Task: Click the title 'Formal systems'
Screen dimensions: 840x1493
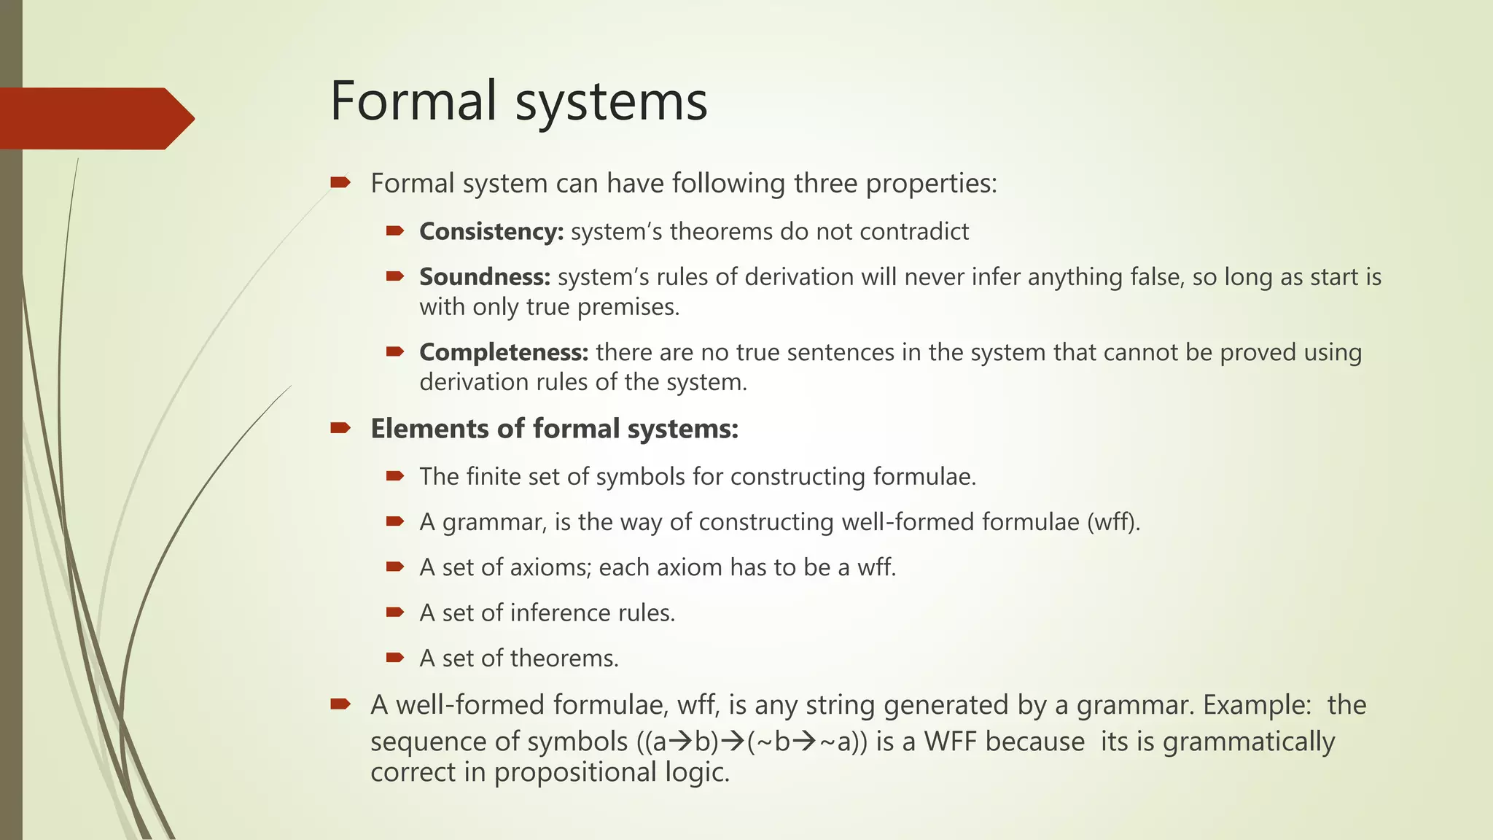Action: (518, 101)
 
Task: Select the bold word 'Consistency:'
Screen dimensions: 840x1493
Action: (491, 232)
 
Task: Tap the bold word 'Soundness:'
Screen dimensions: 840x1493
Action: (484, 277)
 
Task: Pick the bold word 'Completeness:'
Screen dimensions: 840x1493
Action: (503, 352)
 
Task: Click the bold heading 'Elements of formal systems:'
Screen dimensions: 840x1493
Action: (554, 429)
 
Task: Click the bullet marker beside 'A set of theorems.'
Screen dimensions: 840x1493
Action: (395, 658)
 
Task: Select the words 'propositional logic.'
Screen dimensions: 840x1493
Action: (612, 772)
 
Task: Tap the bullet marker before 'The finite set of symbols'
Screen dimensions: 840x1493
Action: (395, 476)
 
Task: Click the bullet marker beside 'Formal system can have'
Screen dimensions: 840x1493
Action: (340, 182)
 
